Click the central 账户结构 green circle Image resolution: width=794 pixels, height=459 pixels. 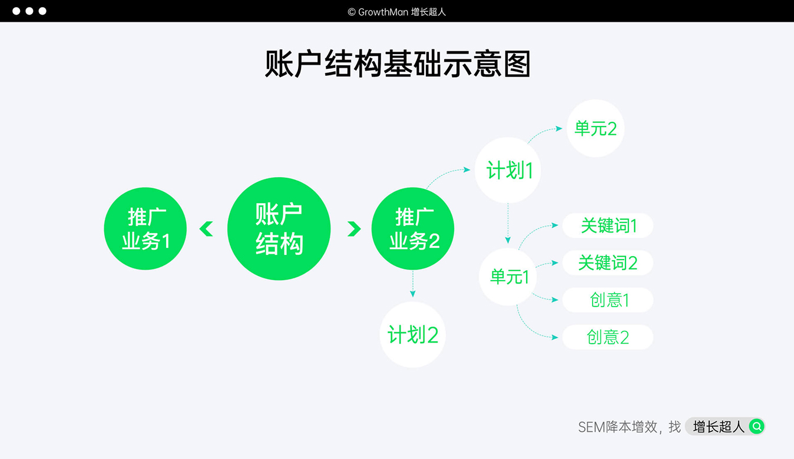pyautogui.click(x=279, y=229)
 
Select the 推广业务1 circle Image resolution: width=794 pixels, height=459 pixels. pyautogui.click(x=145, y=229)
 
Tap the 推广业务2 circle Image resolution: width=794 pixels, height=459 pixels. pyautogui.click(x=413, y=229)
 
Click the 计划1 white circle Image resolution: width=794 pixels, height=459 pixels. pyautogui.click(x=508, y=171)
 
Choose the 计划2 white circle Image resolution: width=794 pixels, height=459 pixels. pyautogui.click(x=413, y=335)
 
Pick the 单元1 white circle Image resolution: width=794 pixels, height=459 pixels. pyautogui.click(x=508, y=277)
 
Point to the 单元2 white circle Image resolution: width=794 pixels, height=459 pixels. pyautogui.click(x=595, y=128)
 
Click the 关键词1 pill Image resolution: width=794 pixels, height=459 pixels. pyautogui.click(x=608, y=226)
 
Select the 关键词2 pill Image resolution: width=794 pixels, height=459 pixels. pyautogui.click(x=608, y=263)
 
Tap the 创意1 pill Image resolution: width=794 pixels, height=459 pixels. pyautogui.click(x=608, y=300)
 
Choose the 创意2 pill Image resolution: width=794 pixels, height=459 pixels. pyautogui.click(x=608, y=337)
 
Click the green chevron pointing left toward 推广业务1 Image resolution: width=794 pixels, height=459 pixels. pyautogui.click(x=206, y=228)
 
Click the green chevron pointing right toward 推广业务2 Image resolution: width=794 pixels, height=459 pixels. pyautogui.click(x=353, y=228)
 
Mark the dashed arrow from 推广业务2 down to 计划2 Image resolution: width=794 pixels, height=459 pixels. pyautogui.click(x=413, y=284)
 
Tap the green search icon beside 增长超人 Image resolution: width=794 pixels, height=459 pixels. pyautogui.click(x=756, y=426)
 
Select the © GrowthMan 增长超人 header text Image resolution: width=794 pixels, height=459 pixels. pyautogui.click(x=397, y=12)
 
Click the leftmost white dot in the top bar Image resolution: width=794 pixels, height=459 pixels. pyautogui.click(x=16, y=11)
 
